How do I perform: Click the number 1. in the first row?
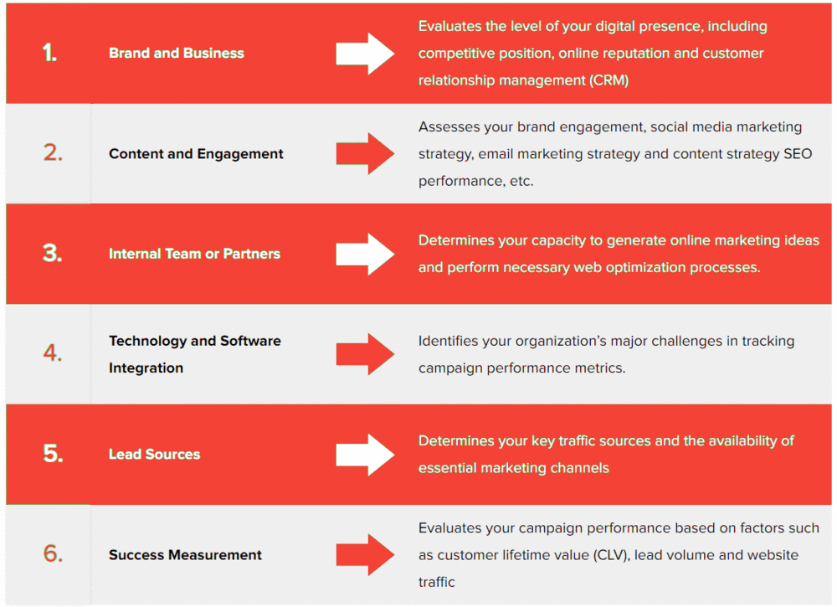tap(49, 53)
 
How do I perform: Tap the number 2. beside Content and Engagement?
tap(53, 152)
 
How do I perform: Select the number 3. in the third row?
tap(52, 253)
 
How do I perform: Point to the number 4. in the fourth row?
tap(53, 352)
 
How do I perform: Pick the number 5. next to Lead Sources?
tap(53, 453)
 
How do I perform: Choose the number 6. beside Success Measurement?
tap(53, 553)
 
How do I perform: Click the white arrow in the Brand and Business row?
tap(365, 54)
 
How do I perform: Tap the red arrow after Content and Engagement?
tap(365, 154)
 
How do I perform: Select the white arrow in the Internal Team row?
tap(365, 255)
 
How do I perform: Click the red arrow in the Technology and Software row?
tap(365, 354)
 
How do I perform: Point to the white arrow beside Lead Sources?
tap(365, 455)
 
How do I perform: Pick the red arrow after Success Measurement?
tap(365, 555)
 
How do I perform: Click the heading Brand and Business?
tap(176, 53)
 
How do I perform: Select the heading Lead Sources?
tap(154, 454)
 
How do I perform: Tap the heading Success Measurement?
tap(185, 555)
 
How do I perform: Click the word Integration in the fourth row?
tap(146, 368)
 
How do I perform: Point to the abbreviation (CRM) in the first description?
tap(608, 80)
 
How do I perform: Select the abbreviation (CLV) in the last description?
tap(611, 555)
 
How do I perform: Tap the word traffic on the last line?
tap(437, 582)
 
